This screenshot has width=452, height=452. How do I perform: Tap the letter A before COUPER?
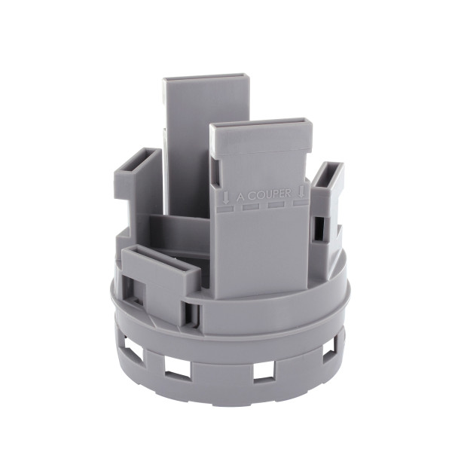[x=241, y=197]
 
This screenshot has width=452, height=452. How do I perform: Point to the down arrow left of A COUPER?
[x=226, y=197]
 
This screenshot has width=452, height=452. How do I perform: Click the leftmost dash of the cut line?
[x=225, y=208]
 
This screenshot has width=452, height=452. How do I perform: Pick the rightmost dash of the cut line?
[x=301, y=203]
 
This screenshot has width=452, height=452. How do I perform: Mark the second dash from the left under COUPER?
[x=251, y=206]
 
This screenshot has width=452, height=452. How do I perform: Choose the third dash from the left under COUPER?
[x=276, y=205]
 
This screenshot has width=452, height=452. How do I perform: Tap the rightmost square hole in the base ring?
[x=329, y=350]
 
